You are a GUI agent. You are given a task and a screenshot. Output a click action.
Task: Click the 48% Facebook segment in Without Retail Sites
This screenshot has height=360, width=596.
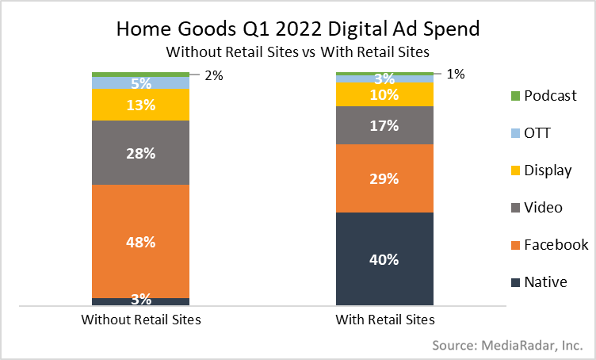140,241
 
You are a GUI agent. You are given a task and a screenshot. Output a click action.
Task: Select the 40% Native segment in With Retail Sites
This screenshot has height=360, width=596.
385,259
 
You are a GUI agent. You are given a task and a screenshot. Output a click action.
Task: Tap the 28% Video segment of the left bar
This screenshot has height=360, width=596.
140,152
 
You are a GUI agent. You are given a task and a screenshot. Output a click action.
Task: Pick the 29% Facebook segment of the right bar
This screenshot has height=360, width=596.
385,178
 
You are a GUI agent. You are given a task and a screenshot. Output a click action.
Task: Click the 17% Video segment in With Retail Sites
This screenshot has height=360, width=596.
385,124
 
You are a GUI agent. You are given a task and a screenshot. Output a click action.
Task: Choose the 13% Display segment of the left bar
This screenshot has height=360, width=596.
140,104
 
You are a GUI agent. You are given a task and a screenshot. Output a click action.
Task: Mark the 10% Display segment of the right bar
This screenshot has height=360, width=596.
385,94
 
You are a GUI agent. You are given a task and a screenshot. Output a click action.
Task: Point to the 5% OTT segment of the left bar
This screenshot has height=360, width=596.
140,82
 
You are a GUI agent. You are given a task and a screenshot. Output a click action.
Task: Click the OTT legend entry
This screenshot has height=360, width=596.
539,132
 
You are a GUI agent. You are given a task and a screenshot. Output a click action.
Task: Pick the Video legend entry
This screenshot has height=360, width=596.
544,207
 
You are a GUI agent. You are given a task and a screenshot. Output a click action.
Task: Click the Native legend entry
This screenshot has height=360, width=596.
546,281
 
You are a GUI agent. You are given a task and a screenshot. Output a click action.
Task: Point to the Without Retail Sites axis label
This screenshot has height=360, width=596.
140,320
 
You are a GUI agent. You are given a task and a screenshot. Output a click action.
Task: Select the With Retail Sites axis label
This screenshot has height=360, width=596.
385,320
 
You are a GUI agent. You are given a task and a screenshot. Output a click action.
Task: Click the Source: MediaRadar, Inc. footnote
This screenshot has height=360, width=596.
507,346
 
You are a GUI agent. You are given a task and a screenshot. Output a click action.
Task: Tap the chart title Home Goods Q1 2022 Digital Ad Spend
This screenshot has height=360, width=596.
297,29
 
